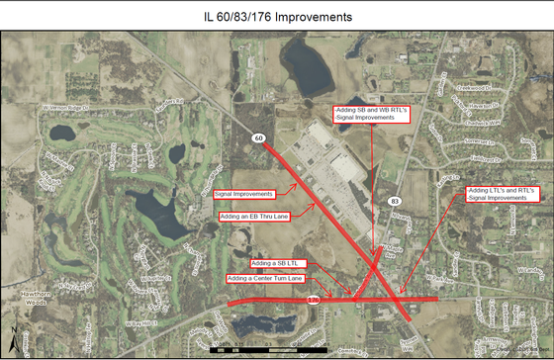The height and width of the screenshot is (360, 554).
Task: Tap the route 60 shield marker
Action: tap(257, 137)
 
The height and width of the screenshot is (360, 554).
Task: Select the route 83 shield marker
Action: tap(395, 201)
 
